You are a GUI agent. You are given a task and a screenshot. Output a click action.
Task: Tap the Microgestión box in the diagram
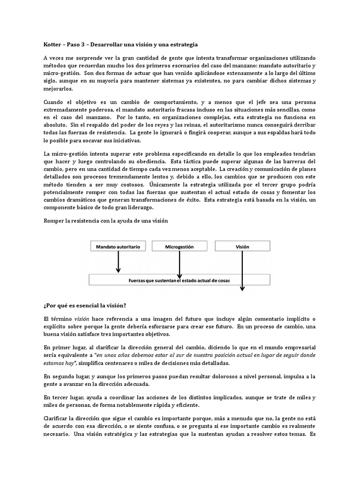pos(180,246)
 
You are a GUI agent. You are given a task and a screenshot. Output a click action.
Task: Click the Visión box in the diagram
pos(242,246)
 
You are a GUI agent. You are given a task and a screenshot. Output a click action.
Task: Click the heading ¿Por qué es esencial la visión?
pos(84,306)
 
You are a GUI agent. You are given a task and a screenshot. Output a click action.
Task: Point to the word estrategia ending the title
pos(183,45)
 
